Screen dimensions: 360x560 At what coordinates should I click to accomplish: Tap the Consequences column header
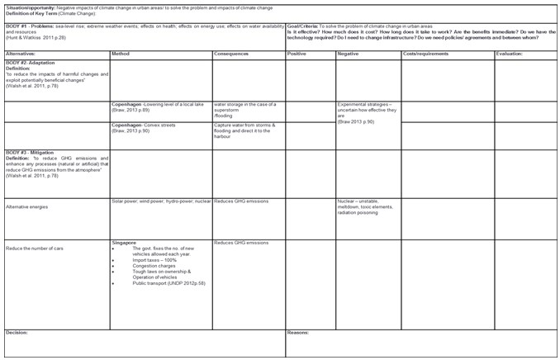[231, 54]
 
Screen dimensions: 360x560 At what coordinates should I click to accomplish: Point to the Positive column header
[297, 54]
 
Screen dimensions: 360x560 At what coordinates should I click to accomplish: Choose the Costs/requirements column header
[425, 54]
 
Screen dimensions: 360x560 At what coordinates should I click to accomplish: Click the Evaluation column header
[510, 54]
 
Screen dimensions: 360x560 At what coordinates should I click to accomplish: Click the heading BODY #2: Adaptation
[29, 63]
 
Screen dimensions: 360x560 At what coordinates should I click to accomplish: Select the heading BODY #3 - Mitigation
[29, 153]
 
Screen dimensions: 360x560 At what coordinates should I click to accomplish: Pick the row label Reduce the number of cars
[34, 247]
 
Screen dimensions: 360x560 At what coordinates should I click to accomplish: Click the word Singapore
[125, 243]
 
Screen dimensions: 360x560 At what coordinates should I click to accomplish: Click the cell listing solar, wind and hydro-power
[161, 201]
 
